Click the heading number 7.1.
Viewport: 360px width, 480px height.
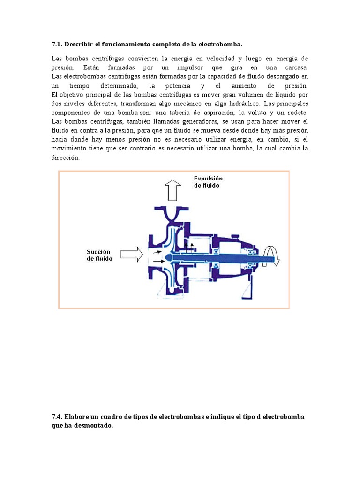(x=57, y=45)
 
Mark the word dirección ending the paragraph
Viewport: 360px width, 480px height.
(x=66, y=158)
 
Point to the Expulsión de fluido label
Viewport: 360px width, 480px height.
(x=209, y=182)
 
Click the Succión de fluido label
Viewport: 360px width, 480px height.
(x=99, y=255)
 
